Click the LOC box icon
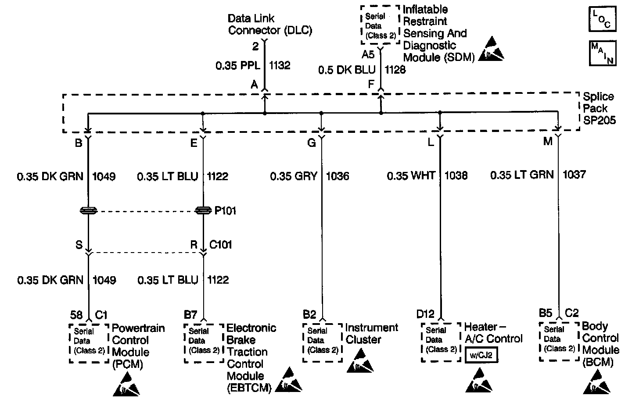603,19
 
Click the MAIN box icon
603,53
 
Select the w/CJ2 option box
481,356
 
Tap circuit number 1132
280,66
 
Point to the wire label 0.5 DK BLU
347,70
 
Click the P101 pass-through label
225,211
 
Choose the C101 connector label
221,245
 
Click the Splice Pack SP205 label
598,108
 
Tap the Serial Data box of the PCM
89,343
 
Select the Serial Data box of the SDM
380,25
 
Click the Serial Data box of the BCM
559,342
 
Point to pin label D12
425,314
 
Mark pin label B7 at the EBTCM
190,314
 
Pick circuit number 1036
338,176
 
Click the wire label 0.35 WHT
411,176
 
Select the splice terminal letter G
311,143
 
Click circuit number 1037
574,175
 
